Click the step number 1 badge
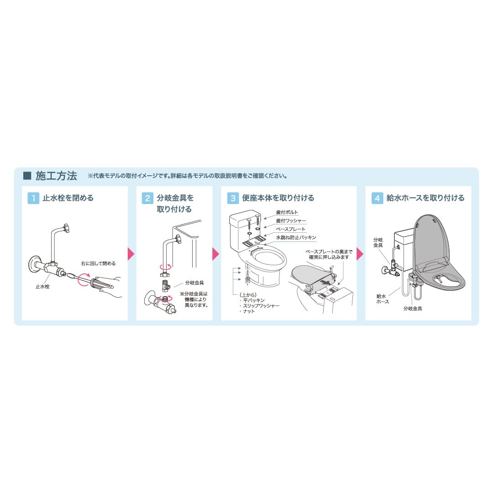[33, 198]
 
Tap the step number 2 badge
[147, 198]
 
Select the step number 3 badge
[233, 198]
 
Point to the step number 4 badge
[377, 198]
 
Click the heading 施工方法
[56, 176]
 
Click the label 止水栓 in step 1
[42, 287]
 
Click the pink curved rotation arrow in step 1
[84, 279]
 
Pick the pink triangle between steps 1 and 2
[131, 254]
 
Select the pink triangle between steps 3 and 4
[360, 254]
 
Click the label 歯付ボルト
[288, 212]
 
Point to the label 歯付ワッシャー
[291, 221]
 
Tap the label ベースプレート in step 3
[291, 229]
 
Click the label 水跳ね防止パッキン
[296, 237]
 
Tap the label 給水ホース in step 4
[383, 299]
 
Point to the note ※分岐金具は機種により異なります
[194, 299]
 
